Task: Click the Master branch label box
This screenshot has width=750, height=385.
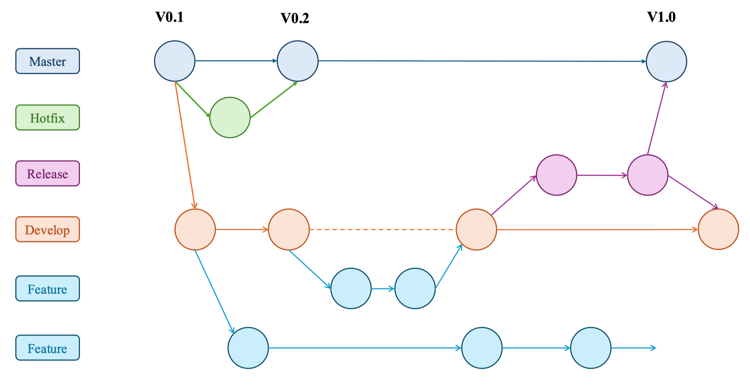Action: (x=48, y=61)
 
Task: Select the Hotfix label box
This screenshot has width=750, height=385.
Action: (x=48, y=118)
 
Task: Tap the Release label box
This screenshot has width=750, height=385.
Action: (x=48, y=173)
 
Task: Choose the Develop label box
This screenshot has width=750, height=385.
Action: (x=48, y=229)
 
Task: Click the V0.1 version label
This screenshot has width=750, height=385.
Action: (x=169, y=17)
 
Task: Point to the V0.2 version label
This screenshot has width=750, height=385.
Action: (x=295, y=18)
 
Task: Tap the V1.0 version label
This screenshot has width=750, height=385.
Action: (x=661, y=17)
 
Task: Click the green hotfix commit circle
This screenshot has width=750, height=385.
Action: (x=230, y=117)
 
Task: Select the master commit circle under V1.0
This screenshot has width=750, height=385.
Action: (x=666, y=61)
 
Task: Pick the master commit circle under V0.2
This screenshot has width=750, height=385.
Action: (x=298, y=61)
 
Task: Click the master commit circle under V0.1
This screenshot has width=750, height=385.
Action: (x=175, y=61)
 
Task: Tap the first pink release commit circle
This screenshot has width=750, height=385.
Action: (x=556, y=175)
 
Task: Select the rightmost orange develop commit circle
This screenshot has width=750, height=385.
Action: (x=718, y=229)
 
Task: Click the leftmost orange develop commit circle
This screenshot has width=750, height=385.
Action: (x=195, y=229)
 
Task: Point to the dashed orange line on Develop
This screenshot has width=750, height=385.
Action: (x=382, y=229)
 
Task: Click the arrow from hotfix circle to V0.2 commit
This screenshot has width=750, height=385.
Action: (x=274, y=99)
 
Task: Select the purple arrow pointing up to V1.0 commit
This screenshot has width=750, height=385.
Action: (x=656, y=118)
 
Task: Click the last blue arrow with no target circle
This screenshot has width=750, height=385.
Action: (x=633, y=348)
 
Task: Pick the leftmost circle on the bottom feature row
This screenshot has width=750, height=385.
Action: (x=248, y=348)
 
